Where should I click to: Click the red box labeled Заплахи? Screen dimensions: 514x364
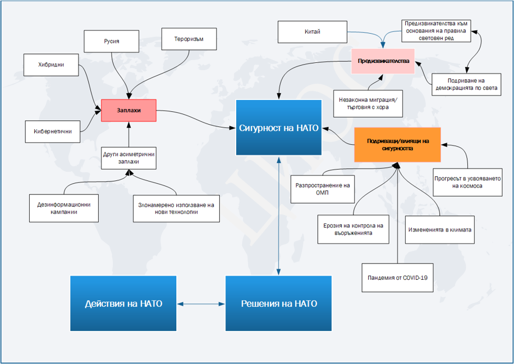click(x=128, y=110)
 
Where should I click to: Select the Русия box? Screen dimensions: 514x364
click(x=112, y=42)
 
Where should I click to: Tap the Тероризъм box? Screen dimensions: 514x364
click(x=189, y=39)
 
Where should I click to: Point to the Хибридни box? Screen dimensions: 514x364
click(x=51, y=65)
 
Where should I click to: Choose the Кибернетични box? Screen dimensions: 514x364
click(x=53, y=131)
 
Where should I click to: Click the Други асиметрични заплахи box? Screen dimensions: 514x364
click(x=128, y=158)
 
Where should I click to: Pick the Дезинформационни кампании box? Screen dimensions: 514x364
click(x=64, y=208)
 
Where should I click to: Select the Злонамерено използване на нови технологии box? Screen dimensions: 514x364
click(x=176, y=208)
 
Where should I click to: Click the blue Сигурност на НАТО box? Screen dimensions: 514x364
click(x=279, y=128)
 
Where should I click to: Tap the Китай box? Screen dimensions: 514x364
click(x=313, y=32)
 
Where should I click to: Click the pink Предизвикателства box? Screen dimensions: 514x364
click(x=383, y=61)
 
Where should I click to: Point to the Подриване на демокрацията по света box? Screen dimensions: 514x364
click(x=466, y=85)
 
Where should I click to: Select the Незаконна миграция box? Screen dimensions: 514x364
click(x=368, y=104)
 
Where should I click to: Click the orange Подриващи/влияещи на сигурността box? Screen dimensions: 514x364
click(x=397, y=145)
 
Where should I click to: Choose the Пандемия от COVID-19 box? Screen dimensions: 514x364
click(x=398, y=277)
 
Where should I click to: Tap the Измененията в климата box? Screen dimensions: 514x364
click(x=439, y=230)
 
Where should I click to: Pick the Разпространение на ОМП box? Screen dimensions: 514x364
click(x=323, y=189)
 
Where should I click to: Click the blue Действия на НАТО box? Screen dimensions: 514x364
click(x=123, y=303)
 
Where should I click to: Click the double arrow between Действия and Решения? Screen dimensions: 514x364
click(x=201, y=304)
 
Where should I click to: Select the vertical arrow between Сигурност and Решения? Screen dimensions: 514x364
click(x=279, y=216)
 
